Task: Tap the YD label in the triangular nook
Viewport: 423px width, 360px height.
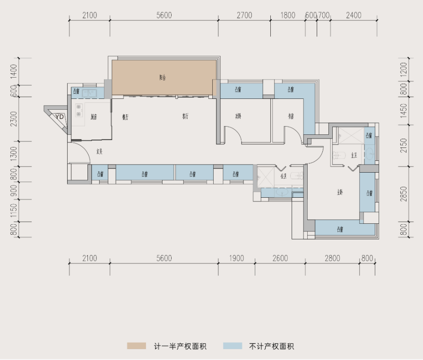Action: (x=60, y=116)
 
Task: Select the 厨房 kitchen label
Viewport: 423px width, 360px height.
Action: (x=94, y=117)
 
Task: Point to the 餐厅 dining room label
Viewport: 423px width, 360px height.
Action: (x=125, y=117)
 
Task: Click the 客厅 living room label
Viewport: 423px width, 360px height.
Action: (x=185, y=117)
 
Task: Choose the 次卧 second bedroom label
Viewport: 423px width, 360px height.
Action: (x=238, y=117)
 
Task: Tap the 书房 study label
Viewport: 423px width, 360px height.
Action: (x=290, y=117)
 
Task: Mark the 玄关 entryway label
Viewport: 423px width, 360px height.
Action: (x=99, y=152)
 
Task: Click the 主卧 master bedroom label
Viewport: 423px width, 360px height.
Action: (x=340, y=192)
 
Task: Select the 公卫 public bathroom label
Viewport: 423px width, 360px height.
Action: (x=284, y=176)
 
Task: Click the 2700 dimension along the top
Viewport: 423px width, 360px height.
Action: (x=244, y=16)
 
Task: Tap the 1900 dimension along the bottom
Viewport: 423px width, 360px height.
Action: (x=236, y=258)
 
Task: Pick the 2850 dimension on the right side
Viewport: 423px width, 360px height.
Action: (x=403, y=194)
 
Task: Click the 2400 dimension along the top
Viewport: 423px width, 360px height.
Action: (x=354, y=16)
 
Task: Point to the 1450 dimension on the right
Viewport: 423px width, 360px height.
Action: (x=403, y=111)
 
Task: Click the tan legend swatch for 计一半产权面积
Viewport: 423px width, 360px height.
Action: (x=136, y=346)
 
